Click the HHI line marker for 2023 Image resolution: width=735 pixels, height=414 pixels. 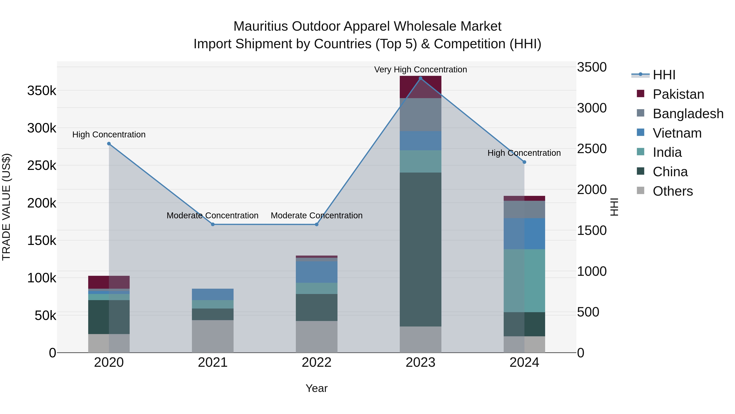point(420,78)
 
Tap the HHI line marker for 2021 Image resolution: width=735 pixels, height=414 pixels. point(213,224)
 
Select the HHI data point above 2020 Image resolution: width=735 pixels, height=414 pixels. point(109,144)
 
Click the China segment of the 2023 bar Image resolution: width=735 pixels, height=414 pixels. point(420,249)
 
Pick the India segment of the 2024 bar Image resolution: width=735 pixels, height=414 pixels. point(524,280)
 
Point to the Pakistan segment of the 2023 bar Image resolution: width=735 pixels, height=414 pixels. point(420,87)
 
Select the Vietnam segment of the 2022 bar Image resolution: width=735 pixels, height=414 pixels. point(316,272)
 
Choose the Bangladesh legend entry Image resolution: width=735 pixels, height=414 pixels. point(688,114)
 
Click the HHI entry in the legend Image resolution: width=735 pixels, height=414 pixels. point(664,75)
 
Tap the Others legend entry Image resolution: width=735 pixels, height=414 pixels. point(673,191)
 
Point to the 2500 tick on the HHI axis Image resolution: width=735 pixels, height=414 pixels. point(592,149)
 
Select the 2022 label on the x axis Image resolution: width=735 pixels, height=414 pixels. point(316,362)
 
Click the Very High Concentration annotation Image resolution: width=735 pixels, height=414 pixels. point(420,70)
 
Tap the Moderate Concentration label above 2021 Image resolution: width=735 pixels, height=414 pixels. point(213,215)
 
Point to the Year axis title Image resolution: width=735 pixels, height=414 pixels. point(316,388)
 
